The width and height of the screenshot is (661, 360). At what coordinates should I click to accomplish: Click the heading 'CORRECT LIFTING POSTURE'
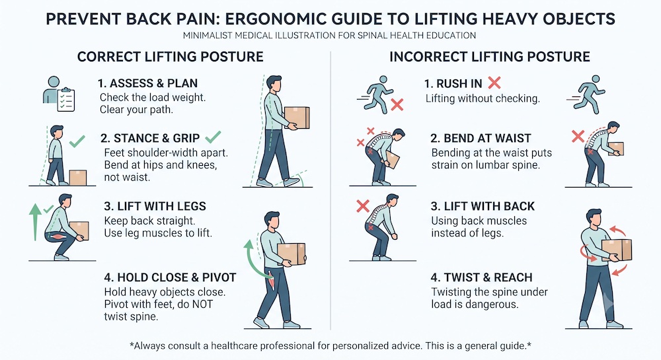click(171, 57)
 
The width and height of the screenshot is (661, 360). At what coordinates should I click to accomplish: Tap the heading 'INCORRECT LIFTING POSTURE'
click(489, 57)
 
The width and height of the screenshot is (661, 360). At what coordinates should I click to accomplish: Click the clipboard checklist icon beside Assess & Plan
click(65, 99)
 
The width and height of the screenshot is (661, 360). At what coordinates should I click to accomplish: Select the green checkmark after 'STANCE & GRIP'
click(214, 137)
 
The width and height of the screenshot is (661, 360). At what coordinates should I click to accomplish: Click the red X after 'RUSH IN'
click(494, 83)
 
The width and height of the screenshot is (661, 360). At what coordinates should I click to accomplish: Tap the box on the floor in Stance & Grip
click(77, 178)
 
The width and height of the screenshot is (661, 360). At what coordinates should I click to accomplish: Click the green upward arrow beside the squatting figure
click(35, 222)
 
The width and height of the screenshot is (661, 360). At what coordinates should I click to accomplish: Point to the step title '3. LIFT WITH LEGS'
click(155, 206)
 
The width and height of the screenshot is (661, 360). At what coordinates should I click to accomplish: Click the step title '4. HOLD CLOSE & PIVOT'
click(170, 277)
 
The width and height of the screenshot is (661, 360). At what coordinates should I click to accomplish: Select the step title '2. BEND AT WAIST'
click(481, 138)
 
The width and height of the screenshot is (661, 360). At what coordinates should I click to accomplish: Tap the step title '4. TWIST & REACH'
click(481, 277)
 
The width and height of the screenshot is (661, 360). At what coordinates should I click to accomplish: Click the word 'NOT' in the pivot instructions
click(202, 305)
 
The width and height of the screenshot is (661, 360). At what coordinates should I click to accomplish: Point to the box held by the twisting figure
click(616, 250)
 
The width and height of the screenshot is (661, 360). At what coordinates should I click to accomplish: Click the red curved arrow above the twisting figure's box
click(619, 230)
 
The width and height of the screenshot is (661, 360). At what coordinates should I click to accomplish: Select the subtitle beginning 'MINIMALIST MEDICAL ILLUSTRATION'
click(330, 36)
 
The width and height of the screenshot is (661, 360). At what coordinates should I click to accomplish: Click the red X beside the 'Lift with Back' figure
click(363, 206)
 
